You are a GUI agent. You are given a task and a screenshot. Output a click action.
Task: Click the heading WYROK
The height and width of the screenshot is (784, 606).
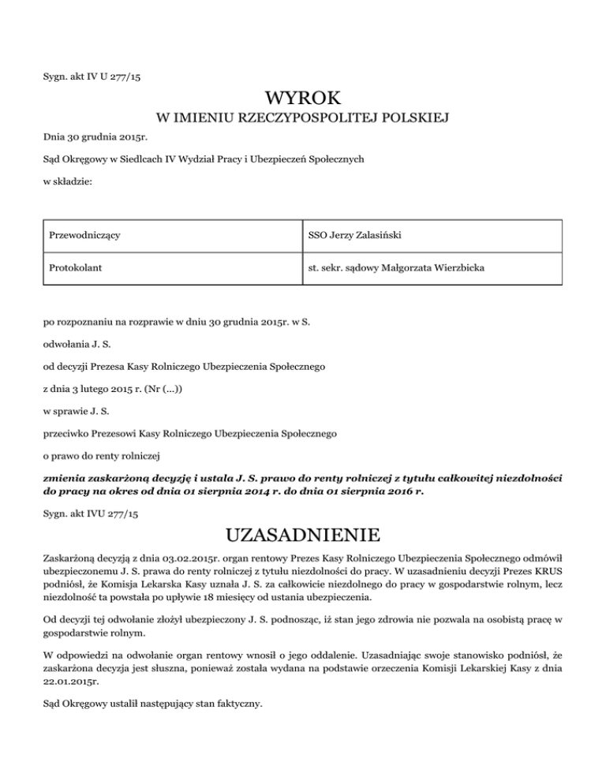pos(303,99)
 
